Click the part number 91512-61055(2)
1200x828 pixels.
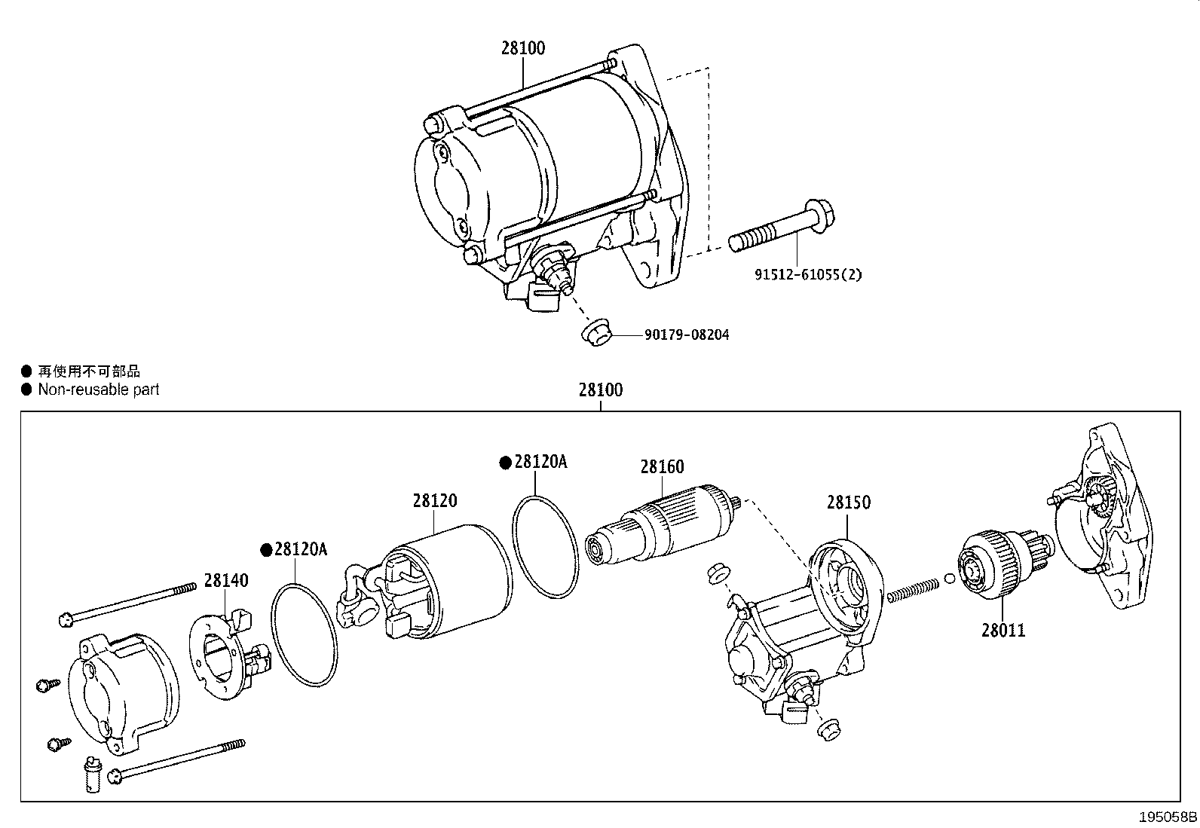click(808, 275)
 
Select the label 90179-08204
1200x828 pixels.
click(686, 335)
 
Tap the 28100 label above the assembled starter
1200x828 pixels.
click(522, 48)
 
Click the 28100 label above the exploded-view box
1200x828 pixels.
click(601, 390)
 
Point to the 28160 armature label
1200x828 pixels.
click(662, 467)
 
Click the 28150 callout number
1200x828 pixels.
click(848, 503)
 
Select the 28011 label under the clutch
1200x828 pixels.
click(1003, 630)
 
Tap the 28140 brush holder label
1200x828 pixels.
click(225, 581)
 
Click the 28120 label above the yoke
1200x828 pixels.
click(434, 500)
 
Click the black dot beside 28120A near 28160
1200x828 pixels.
click(506, 463)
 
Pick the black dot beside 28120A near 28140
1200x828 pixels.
click(265, 550)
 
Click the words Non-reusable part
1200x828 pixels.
click(99, 390)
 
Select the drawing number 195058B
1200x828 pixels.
click(1168, 817)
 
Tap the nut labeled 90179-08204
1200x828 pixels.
click(596, 332)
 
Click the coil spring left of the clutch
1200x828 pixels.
click(912, 588)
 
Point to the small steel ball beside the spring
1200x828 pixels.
click(949, 579)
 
